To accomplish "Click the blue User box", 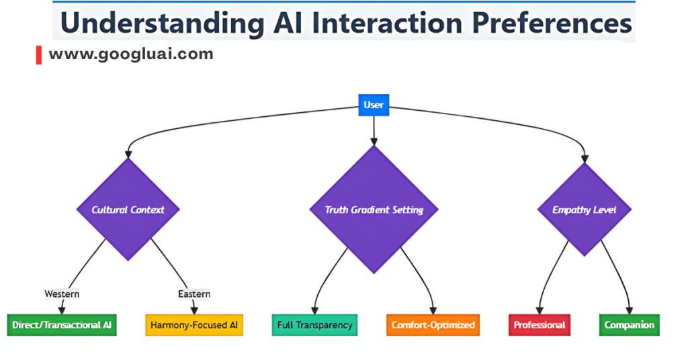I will (x=374, y=105).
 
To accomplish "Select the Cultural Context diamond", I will (x=128, y=210).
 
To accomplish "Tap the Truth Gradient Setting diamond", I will (x=374, y=210).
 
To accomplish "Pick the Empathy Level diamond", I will (x=584, y=210).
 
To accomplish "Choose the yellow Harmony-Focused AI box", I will (x=194, y=325).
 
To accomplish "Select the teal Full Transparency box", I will (x=314, y=325).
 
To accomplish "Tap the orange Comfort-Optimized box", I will (x=433, y=325).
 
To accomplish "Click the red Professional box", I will (x=540, y=325).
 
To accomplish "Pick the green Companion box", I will (x=629, y=325).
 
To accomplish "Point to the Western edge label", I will (x=62, y=294).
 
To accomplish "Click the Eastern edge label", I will (x=194, y=294).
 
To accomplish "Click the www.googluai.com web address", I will (x=131, y=54).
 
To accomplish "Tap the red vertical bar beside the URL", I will (x=39, y=55).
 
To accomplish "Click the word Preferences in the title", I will (x=545, y=22).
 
